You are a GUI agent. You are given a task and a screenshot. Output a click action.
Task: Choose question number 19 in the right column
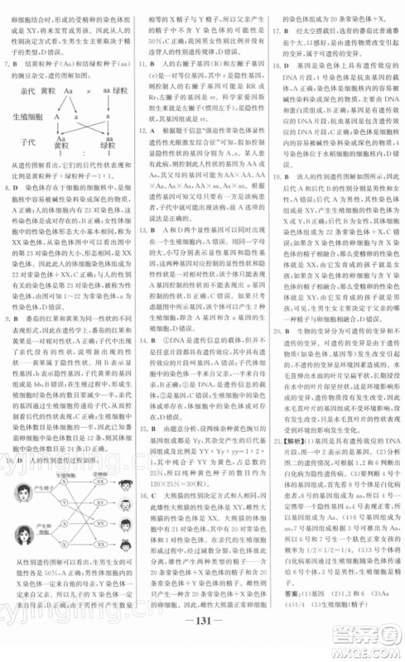(275, 188)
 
